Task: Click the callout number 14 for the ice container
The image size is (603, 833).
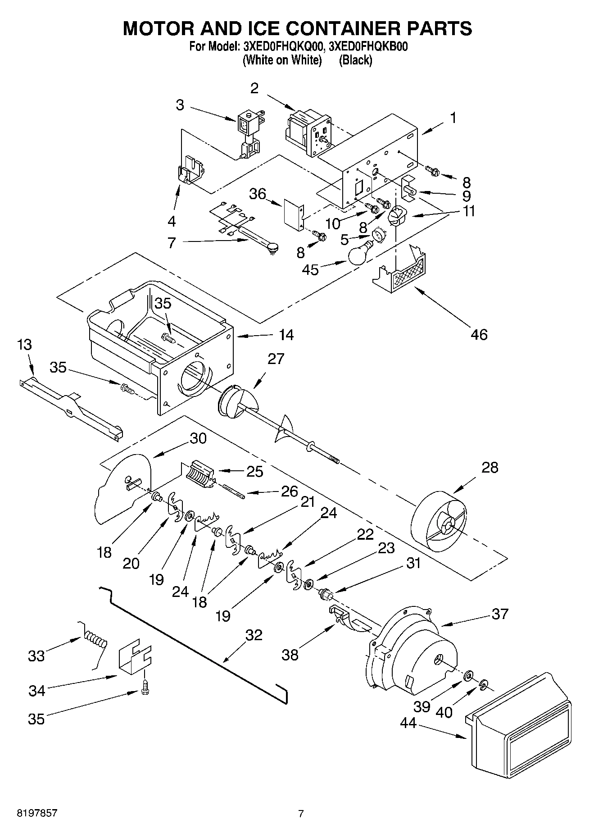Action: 286,335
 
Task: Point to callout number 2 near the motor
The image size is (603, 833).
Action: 254,88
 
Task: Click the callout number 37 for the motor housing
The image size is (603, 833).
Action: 500,614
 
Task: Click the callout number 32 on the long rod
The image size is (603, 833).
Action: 254,635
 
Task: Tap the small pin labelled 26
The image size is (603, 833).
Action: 234,491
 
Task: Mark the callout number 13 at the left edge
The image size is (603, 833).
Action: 25,345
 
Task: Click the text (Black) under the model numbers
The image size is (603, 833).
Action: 355,60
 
